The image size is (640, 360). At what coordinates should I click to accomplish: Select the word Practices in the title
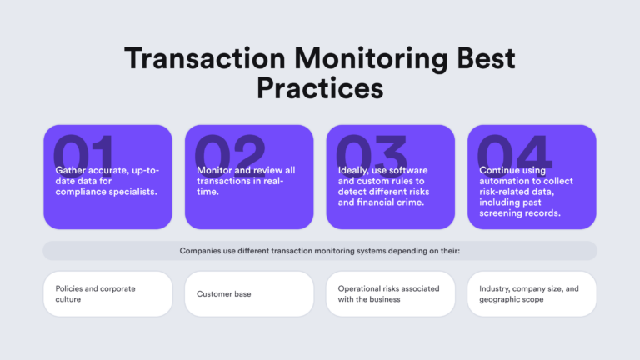pyautogui.click(x=320, y=87)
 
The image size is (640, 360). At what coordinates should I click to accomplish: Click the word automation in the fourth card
pyautogui.click(x=507, y=182)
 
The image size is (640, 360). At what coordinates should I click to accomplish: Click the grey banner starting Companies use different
pyautogui.click(x=320, y=250)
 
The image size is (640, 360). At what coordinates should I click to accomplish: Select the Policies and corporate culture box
pyautogui.click(x=107, y=293)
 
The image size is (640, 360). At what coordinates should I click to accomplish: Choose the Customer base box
pyautogui.click(x=249, y=293)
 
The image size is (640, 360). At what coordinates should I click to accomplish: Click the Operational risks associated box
pyautogui.click(x=390, y=293)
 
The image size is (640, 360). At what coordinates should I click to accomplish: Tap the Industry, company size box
pyautogui.click(x=532, y=293)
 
